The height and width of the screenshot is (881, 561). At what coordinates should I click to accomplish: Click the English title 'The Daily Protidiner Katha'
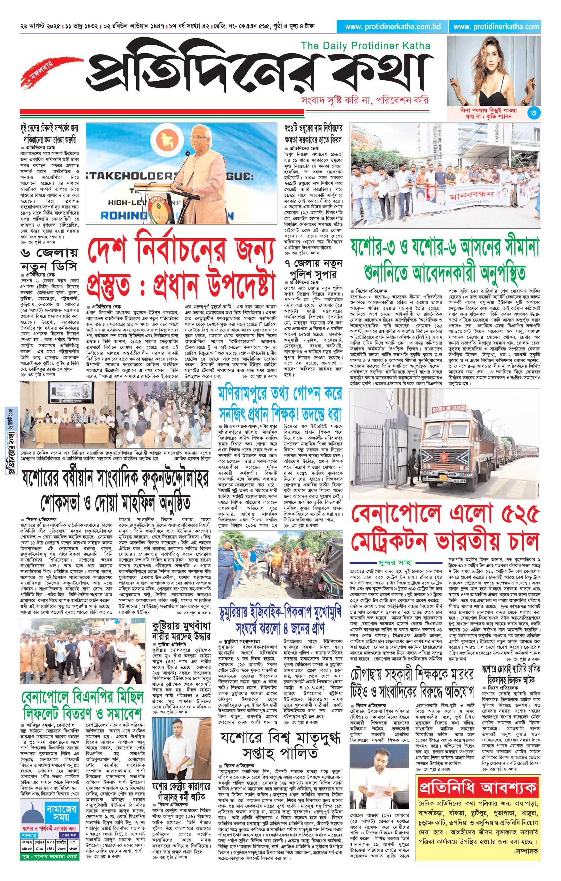click(365, 46)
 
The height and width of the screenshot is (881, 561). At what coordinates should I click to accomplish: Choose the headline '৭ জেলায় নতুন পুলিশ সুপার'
click(313, 268)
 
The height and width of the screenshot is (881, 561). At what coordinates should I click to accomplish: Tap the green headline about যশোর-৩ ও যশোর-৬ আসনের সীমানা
click(445, 261)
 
